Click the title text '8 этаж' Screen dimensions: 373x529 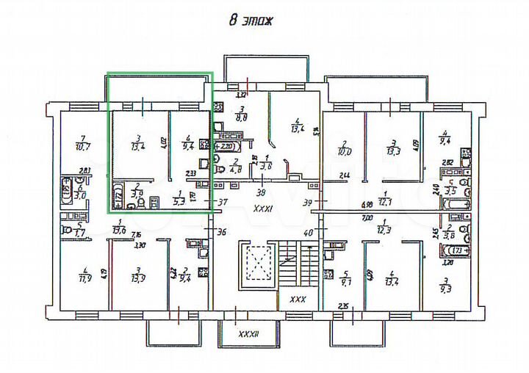click(251, 21)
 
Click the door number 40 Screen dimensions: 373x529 click(308, 232)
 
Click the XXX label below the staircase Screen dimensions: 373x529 click(298, 300)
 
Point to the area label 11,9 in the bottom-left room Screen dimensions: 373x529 click(86, 278)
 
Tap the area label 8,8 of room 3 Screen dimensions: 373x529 click(240, 116)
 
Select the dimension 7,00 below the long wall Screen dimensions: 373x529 click(367, 218)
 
